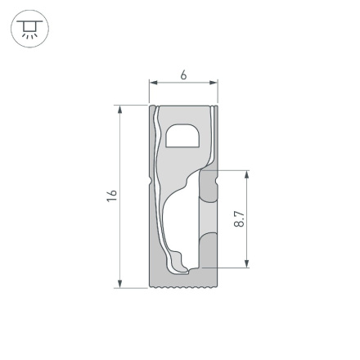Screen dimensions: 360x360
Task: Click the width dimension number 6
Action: coord(183,74)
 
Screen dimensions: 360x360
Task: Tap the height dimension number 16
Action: coord(112,196)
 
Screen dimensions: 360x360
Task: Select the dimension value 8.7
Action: coord(238,218)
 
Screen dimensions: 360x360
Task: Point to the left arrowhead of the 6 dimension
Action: coord(152,82)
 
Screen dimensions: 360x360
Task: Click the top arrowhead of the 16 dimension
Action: coord(121,110)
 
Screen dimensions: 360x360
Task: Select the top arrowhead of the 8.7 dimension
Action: coord(246,174)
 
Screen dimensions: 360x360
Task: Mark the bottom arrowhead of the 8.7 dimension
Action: coord(246,263)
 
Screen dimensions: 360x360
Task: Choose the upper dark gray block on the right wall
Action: coord(209,187)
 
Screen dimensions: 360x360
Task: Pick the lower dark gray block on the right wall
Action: coord(209,250)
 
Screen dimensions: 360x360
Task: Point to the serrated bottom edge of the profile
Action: coord(183,288)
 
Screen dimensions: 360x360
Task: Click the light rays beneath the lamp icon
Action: coord(29,36)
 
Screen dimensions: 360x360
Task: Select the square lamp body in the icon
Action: coord(29,28)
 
